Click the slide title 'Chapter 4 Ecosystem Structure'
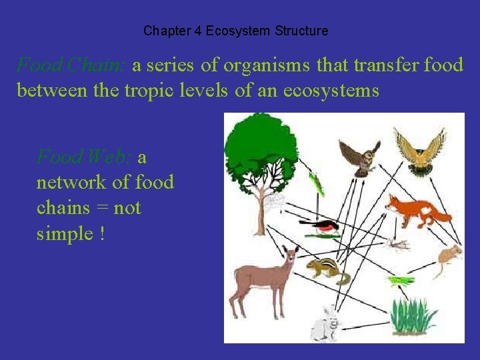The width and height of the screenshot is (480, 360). point(235,31)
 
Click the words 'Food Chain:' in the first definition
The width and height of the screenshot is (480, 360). point(71,65)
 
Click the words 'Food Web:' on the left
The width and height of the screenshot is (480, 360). point(84,157)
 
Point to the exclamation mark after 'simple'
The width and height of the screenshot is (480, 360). point(101,234)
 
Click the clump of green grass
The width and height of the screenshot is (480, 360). point(413,315)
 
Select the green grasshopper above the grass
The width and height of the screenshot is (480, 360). point(400,281)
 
